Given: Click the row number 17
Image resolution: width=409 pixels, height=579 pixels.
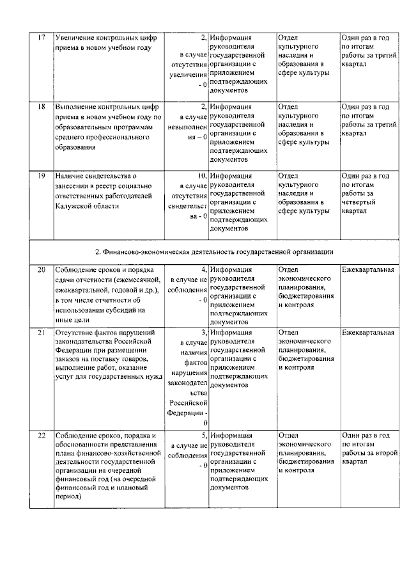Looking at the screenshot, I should (x=41, y=38).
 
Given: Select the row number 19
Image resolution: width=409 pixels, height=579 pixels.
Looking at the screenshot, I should (x=41, y=175).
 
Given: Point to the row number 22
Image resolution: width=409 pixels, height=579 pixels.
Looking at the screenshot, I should (x=41, y=434).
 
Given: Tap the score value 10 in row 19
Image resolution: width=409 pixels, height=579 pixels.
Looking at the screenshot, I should (x=201, y=175).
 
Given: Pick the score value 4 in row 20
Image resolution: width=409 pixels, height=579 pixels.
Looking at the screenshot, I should (x=203, y=270).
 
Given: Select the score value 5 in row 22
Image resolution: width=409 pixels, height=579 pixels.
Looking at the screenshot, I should (x=203, y=434).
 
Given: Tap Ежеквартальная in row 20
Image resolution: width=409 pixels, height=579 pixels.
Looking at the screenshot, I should (x=367, y=270).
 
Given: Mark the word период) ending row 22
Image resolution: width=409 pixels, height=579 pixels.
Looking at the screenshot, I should (x=70, y=496).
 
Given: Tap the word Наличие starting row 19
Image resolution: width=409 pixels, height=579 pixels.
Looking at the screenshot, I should (x=71, y=175).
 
